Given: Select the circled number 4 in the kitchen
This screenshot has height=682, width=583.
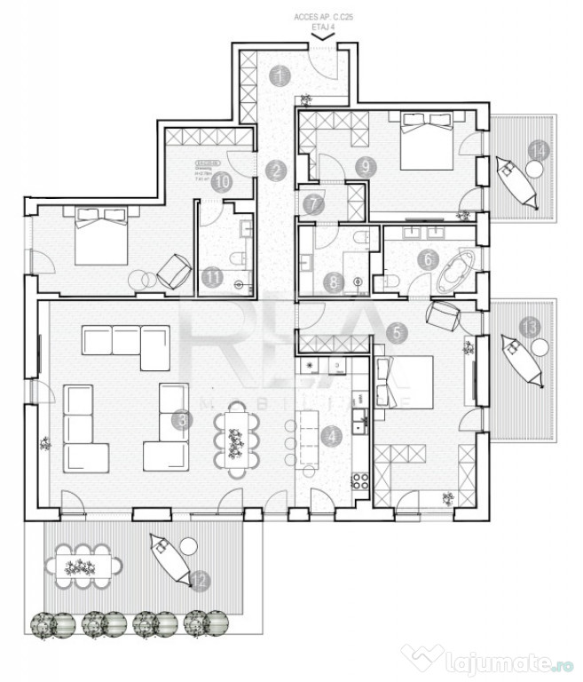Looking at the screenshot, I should pos(332,436).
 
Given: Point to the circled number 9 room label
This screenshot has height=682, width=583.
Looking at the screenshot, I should pos(365,165).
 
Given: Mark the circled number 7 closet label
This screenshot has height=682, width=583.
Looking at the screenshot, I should pos(312,203).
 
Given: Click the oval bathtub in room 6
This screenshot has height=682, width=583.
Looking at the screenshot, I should pos(455,271).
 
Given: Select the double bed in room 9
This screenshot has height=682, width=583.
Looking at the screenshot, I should pos(428,141).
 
